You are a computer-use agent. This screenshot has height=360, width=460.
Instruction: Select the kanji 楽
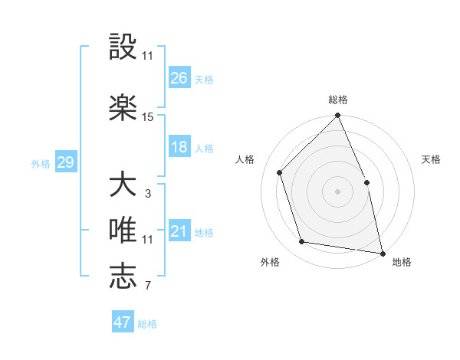coord(123,106)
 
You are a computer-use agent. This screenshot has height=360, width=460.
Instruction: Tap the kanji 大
coord(123,185)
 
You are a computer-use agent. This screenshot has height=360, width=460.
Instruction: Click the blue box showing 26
coord(179,77)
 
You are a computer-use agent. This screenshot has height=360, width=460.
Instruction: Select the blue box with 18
coord(179,147)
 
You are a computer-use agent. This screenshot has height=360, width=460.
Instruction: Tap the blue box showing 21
coord(179,231)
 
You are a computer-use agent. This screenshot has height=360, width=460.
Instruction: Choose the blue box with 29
coord(65,162)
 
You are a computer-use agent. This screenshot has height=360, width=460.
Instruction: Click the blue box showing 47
coord(123,322)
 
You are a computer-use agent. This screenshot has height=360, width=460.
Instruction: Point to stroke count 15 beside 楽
coord(148,117)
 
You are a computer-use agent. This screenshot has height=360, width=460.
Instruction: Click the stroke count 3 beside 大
coord(148,194)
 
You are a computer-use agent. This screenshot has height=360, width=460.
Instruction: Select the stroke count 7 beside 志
coord(148,286)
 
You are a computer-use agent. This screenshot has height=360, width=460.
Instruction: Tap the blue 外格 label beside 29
coord(41,163)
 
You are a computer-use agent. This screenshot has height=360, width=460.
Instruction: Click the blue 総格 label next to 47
coord(147,324)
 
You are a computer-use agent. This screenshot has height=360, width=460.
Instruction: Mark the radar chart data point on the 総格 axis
coord(337,116)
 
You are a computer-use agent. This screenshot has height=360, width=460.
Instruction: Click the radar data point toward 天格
coord(366,182)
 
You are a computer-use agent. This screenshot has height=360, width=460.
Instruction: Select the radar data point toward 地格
coord(382,252)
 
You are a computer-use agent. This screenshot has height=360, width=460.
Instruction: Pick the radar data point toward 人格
coord(280,172)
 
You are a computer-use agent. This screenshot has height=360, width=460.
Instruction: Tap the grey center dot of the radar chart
coord(337,191)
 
